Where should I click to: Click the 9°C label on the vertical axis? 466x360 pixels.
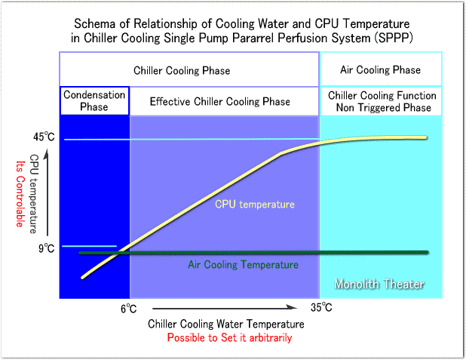click(x=47, y=247)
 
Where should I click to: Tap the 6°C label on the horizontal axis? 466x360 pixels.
click(x=128, y=308)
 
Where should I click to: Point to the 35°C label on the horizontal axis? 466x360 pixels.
click(x=321, y=308)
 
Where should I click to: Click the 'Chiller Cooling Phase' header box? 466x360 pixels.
click(x=182, y=71)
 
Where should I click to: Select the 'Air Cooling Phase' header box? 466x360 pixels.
click(x=381, y=70)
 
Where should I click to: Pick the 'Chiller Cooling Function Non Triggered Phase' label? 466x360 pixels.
click(x=381, y=101)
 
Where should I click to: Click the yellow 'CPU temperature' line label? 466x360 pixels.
click(x=254, y=204)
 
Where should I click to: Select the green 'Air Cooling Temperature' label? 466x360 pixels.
click(x=243, y=265)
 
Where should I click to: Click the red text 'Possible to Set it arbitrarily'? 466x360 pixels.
click(x=230, y=338)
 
